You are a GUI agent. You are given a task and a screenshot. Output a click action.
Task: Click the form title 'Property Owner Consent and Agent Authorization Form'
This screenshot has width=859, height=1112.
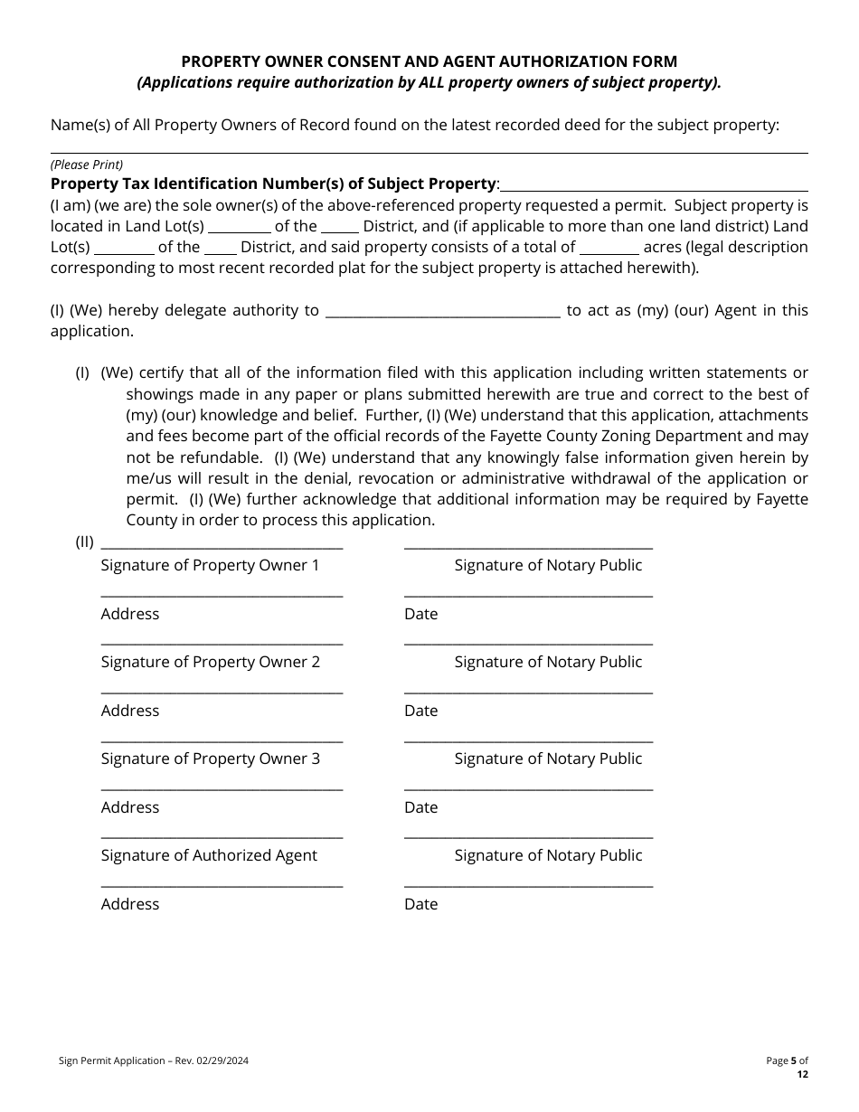429,61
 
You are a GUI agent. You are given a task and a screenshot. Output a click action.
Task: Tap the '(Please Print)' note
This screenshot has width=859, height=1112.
87,165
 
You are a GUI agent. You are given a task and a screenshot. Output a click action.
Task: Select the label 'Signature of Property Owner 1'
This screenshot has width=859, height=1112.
210,565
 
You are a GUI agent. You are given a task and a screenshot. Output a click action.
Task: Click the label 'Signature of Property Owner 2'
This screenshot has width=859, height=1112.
210,662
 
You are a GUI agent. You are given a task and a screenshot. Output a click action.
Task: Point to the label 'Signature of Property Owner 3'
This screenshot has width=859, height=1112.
210,759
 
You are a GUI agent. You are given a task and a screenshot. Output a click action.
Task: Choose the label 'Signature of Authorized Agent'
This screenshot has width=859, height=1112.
209,855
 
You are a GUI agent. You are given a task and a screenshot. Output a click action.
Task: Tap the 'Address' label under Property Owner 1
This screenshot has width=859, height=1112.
130,614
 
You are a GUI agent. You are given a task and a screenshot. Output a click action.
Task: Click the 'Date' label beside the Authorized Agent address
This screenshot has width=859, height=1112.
420,904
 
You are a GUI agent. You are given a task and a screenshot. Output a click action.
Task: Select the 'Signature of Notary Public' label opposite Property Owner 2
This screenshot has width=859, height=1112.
548,662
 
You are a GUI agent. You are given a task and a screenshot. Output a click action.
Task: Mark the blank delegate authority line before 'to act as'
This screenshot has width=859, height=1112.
442,316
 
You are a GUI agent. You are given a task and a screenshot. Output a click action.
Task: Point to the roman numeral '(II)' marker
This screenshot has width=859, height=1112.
84,542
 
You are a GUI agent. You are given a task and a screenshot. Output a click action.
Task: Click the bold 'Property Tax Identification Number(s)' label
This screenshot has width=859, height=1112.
273,184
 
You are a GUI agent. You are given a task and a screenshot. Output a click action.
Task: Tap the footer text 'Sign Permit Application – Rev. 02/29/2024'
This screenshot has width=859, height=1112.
149,1060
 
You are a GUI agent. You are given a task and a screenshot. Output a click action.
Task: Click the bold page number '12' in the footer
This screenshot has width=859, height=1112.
802,1074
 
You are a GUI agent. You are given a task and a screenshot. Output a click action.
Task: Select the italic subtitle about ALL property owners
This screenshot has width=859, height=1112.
429,83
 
